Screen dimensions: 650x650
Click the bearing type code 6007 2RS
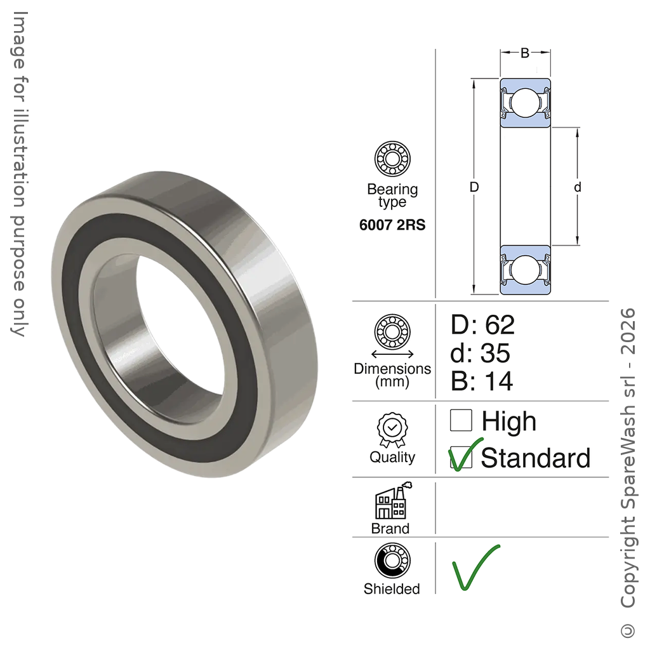[x=392, y=225]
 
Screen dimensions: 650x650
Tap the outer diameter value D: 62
[x=482, y=324]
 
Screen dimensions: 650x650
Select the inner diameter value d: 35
[x=480, y=353]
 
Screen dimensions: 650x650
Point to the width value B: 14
[x=482, y=381]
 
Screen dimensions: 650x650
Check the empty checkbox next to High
[x=461, y=420]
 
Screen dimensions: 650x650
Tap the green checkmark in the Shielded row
[x=476, y=567]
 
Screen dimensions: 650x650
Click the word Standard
[x=536, y=458]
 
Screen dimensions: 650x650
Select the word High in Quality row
[x=508, y=422]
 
